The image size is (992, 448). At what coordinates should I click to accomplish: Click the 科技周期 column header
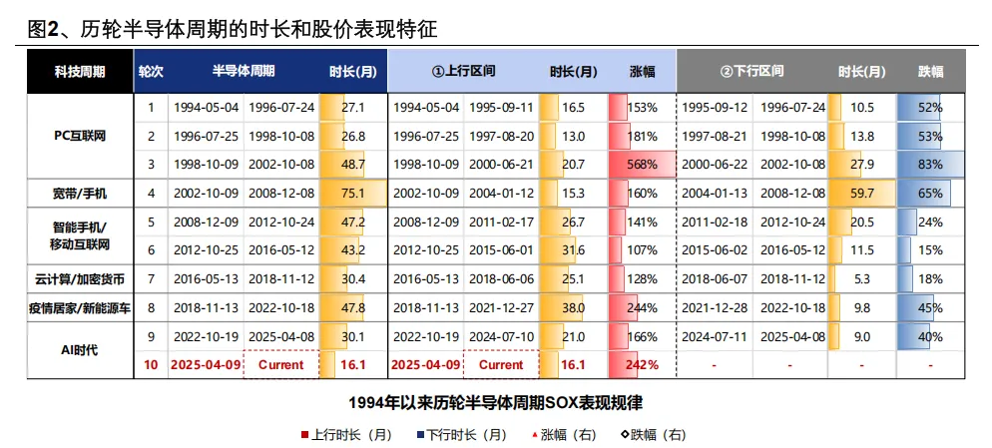[80, 72]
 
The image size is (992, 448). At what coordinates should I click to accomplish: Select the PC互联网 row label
[80, 136]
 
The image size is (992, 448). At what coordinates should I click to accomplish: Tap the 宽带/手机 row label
[80, 194]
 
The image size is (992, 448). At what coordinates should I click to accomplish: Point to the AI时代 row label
[80, 349]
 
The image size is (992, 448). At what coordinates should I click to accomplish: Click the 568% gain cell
[642, 165]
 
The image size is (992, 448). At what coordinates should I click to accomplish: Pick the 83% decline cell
[931, 165]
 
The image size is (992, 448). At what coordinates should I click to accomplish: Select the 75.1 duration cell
[353, 194]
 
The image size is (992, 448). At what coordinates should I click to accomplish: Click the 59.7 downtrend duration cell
[863, 194]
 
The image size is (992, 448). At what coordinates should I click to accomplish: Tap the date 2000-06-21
[501, 165]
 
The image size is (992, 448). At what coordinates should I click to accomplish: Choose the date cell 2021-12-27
[501, 308]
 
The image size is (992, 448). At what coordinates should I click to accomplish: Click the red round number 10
[151, 365]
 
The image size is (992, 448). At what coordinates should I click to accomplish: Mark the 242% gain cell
[642, 365]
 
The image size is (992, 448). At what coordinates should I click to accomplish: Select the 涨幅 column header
[643, 72]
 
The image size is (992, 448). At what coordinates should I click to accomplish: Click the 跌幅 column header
[931, 72]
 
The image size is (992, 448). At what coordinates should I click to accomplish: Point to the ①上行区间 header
[463, 72]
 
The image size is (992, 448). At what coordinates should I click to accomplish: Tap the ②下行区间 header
[751, 72]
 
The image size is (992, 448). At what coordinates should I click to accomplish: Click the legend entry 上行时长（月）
[346, 435]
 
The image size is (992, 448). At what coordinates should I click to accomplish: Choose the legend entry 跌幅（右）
[653, 435]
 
